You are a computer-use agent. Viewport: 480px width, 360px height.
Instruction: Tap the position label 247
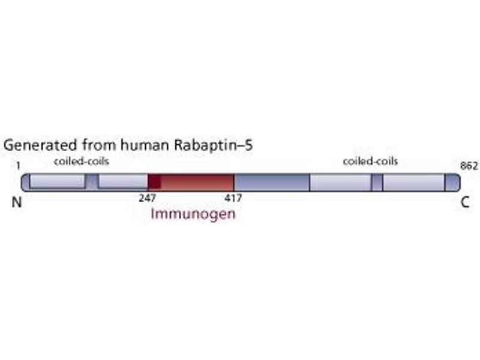(x=147, y=197)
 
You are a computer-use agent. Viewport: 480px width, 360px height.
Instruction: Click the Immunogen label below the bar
(x=193, y=214)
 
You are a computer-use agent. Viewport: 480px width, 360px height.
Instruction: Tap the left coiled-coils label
(x=82, y=162)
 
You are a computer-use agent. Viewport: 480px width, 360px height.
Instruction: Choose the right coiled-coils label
(x=370, y=161)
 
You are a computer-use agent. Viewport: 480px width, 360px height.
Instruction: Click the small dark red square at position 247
(x=154, y=182)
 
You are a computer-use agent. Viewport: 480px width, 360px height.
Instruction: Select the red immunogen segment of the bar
(x=197, y=182)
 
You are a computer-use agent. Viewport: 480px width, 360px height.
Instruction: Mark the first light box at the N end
(x=58, y=182)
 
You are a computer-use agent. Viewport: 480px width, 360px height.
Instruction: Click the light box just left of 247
(x=122, y=182)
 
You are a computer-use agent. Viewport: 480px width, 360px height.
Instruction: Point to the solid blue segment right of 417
(x=271, y=182)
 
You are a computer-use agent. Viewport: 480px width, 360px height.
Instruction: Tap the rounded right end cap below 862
(x=452, y=182)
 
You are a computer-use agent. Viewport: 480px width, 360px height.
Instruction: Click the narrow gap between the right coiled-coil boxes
(x=377, y=182)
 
